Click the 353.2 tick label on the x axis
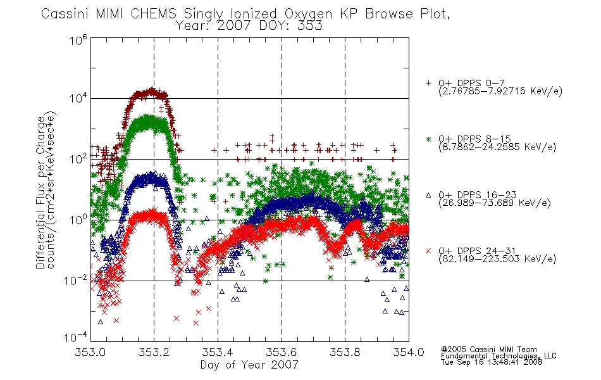154,352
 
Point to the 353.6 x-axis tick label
282,352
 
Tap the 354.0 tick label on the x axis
409,352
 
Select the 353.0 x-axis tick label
90,352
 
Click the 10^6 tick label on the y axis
78,40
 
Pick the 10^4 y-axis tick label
78,98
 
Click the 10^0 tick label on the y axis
78,220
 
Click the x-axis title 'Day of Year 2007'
249,365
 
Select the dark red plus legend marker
428,83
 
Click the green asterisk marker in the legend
428,139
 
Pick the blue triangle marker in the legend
428,195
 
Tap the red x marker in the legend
428,251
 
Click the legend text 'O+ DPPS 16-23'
477,194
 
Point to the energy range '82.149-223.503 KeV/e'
497,259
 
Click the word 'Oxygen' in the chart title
308,14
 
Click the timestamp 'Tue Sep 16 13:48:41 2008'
492,362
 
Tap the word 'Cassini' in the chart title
65,14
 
